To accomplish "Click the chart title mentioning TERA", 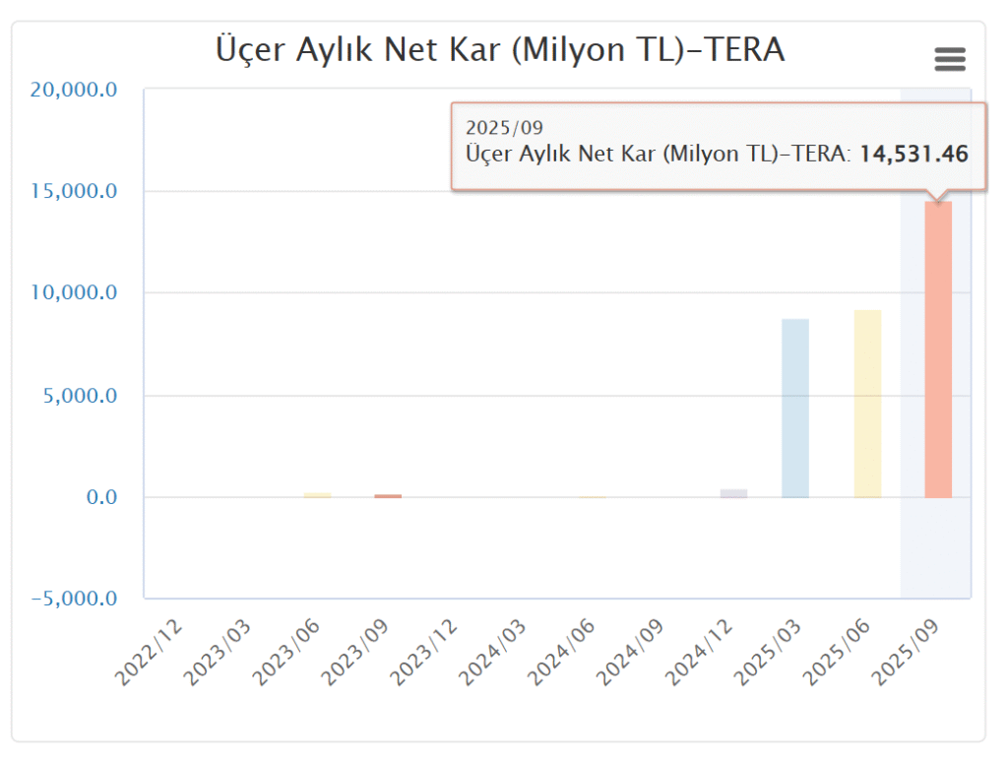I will click(x=500, y=50).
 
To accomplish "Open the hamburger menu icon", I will click(x=949, y=60).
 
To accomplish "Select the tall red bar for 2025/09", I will click(x=938, y=349).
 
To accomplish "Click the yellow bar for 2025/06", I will click(x=867, y=404).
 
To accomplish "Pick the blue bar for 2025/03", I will click(x=795, y=409).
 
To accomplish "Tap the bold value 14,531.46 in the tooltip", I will click(x=913, y=154).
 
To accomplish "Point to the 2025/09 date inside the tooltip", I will click(x=504, y=128).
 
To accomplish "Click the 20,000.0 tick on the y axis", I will click(x=75, y=90).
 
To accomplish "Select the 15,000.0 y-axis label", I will click(x=75, y=191).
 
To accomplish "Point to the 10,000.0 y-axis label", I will click(x=75, y=293).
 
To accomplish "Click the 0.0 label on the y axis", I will click(x=100, y=497).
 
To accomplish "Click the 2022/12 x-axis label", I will click(x=150, y=654).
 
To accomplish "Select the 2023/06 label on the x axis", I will click(x=287, y=654).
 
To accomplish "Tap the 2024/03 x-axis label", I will click(x=494, y=654).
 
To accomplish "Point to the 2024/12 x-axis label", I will click(x=701, y=654).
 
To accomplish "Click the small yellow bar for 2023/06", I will click(x=317, y=495).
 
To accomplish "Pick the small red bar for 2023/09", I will click(x=388, y=496).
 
